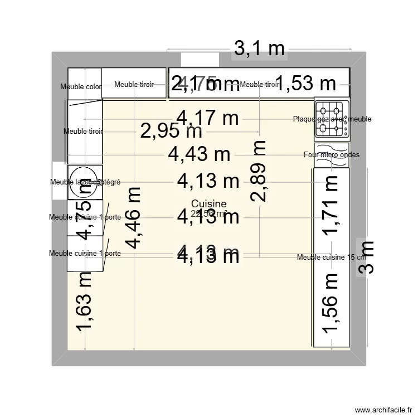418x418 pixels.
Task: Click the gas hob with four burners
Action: (331, 119)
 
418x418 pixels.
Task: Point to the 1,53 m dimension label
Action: (305, 84)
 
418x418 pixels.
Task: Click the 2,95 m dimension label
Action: (171, 132)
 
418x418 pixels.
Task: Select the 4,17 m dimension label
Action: (207, 118)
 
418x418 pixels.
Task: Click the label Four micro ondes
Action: (332, 155)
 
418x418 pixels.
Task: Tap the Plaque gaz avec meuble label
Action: (332, 119)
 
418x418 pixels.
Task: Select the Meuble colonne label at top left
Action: (81, 86)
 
